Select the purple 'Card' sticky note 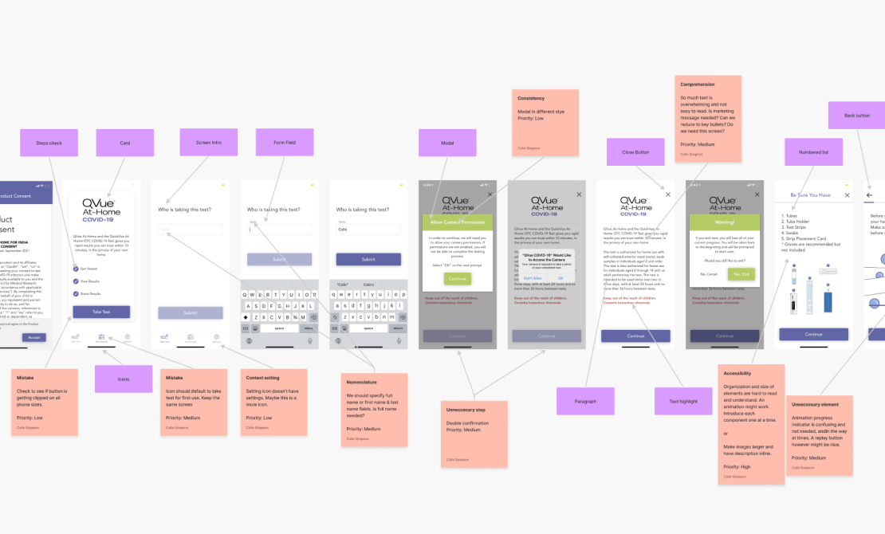tap(125, 143)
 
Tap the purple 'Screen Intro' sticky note tap(209, 142)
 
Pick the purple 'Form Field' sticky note tap(285, 142)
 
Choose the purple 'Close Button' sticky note tap(635, 151)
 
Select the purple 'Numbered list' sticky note tap(813, 151)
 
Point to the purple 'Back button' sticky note tap(857, 116)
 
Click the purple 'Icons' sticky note tap(124, 379)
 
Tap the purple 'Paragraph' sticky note tap(585, 401)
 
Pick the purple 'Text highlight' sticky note tap(683, 401)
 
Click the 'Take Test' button tap(101, 312)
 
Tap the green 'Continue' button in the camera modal tap(458, 278)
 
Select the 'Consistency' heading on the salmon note tap(531, 98)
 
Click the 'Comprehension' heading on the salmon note tap(697, 84)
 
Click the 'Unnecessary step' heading tap(466, 410)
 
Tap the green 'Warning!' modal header tap(725, 222)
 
